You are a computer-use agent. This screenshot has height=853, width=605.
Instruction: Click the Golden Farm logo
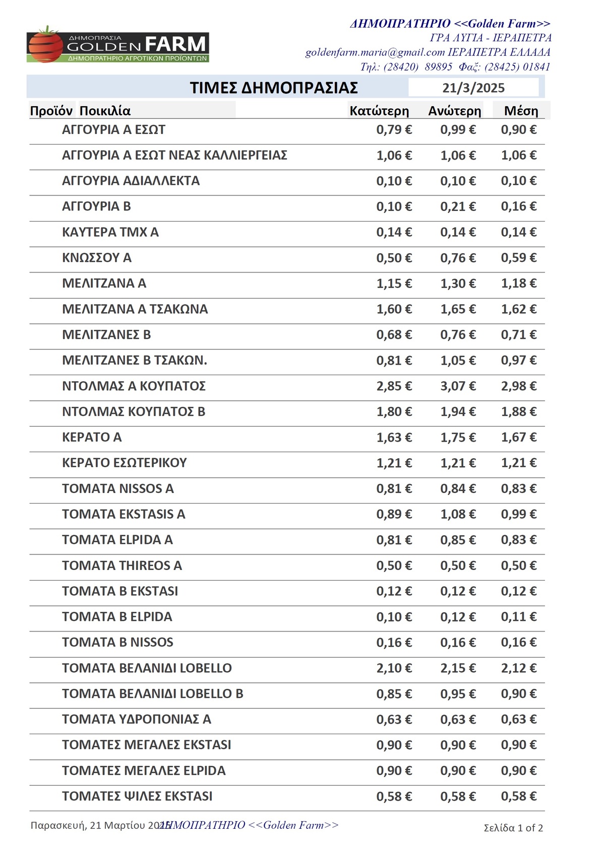[118, 45]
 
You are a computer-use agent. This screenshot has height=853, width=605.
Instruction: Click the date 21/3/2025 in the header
[473, 88]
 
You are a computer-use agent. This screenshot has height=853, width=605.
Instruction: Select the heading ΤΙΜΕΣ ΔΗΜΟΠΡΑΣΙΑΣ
[274, 88]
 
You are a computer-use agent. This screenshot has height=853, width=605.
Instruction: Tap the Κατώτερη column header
[379, 111]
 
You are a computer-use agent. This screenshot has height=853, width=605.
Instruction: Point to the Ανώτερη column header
[455, 111]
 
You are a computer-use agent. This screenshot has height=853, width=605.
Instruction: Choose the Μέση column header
[521, 111]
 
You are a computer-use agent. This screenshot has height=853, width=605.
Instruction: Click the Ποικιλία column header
[105, 111]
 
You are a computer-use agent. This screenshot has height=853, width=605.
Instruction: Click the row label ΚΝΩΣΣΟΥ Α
[97, 258]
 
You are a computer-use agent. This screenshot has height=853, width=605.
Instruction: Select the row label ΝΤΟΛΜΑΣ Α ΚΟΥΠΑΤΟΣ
[134, 386]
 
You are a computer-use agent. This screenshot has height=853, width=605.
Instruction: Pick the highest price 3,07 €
[458, 386]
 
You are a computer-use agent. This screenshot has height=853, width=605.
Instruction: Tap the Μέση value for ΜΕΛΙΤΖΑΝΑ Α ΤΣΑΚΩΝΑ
[518, 309]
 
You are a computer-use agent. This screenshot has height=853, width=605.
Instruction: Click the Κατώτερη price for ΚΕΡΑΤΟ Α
[394, 438]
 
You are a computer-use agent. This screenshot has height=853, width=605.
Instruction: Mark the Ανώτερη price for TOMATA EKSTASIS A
[458, 514]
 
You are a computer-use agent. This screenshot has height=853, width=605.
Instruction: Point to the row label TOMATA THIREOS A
[122, 565]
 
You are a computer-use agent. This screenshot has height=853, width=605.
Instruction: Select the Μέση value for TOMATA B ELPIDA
[518, 617]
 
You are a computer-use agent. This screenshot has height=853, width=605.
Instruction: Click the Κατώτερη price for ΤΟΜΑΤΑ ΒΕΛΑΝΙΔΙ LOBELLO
[394, 668]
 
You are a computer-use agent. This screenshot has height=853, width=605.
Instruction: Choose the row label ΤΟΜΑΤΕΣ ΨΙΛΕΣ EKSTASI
[137, 796]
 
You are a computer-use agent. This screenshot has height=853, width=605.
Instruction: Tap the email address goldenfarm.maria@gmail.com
[375, 52]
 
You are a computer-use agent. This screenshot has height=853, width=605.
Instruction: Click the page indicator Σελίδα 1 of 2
[513, 828]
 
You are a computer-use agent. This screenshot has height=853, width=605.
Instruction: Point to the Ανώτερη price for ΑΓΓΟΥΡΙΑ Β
[458, 206]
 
